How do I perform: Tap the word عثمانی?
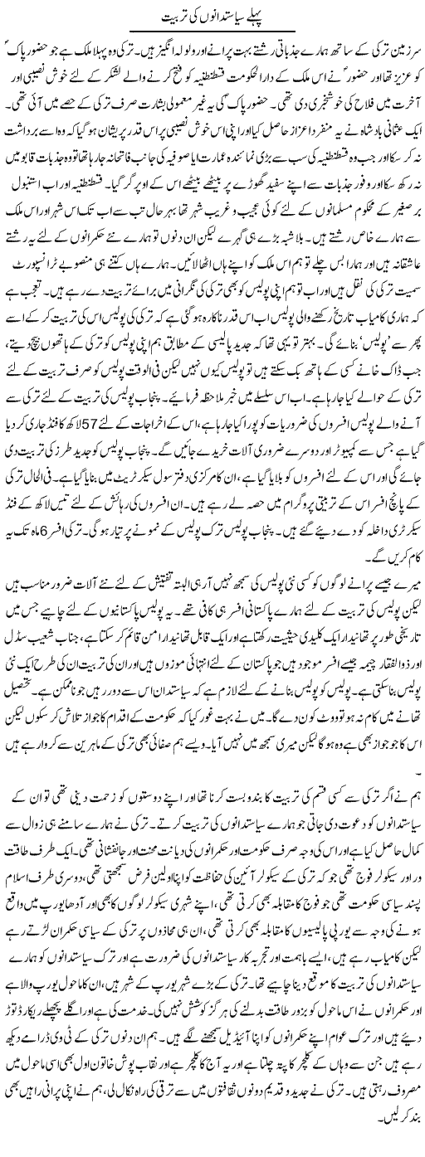pyautogui.click(x=378, y=154)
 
